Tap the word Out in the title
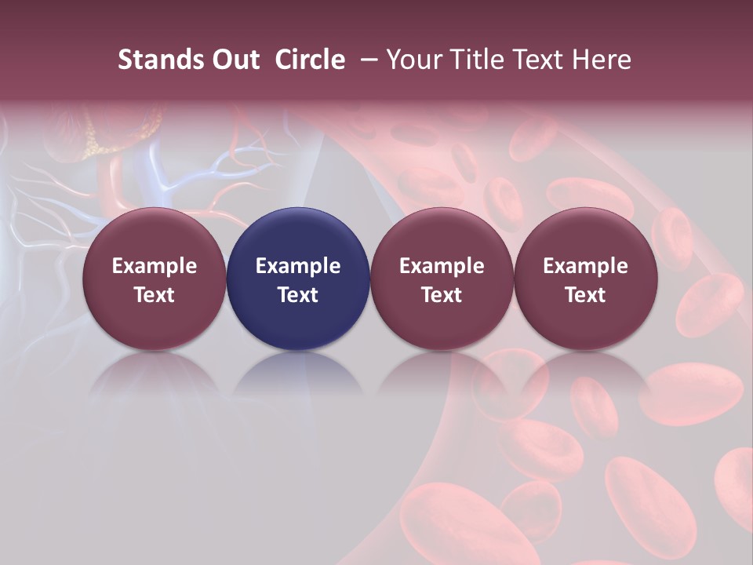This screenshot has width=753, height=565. [x=234, y=60]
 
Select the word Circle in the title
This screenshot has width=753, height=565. [x=310, y=60]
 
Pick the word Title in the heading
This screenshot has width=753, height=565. [x=481, y=60]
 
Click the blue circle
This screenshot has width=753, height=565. [x=298, y=279]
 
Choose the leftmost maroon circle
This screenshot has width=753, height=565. [x=155, y=279]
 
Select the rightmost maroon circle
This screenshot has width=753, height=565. [x=586, y=279]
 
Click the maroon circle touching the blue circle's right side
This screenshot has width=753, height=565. [x=442, y=279]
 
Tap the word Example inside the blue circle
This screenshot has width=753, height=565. [x=298, y=266]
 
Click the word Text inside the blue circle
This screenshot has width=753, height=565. [x=298, y=295]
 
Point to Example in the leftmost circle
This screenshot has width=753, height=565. [x=155, y=266]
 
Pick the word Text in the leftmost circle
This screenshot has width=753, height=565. [x=155, y=295]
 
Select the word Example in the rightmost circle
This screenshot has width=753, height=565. [x=586, y=266]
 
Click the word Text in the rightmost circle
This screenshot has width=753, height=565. [x=586, y=295]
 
